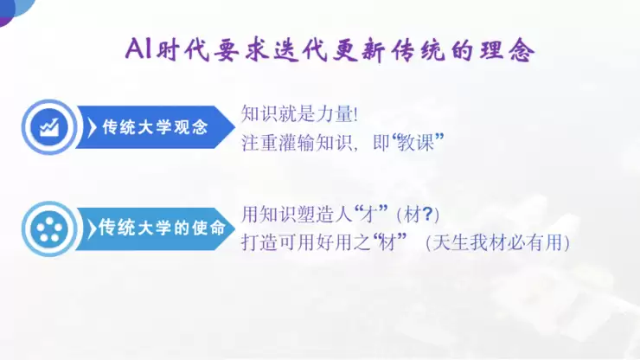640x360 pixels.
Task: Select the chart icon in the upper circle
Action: pos(48,126)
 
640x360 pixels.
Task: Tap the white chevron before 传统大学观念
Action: pos(92,127)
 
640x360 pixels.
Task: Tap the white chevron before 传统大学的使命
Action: pos(92,228)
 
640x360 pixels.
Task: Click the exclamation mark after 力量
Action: pos(355,113)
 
